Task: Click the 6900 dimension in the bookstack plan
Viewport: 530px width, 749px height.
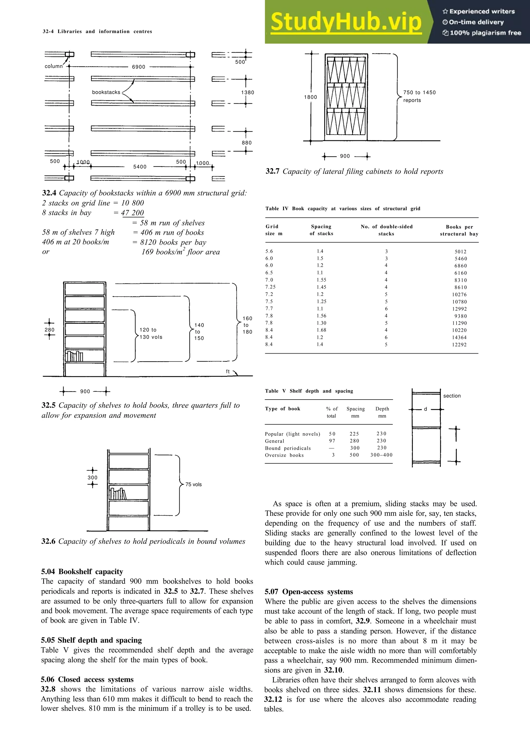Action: (138, 67)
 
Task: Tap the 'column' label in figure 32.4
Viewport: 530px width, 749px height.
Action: (54, 66)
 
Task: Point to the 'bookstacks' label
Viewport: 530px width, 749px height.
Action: (106, 92)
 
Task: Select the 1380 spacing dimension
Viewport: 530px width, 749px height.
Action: (247, 92)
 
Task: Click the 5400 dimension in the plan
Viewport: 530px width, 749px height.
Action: (140, 167)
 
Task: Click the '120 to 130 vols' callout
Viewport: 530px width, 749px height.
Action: (151, 333)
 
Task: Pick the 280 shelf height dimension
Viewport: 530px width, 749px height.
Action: (50, 330)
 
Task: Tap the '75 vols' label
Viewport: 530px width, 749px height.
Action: (193, 484)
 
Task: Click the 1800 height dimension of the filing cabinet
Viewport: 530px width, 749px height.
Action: (310, 97)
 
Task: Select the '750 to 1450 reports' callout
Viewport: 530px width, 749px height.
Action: (419, 96)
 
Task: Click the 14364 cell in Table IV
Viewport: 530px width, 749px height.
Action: (459, 338)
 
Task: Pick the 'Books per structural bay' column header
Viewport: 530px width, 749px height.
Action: (459, 230)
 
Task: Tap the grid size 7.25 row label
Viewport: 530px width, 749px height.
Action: (270, 287)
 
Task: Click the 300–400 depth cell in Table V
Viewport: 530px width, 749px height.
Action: (381, 455)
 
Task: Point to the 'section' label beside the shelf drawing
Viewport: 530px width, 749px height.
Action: (452, 396)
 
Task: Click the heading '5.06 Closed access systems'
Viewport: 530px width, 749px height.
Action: (87, 679)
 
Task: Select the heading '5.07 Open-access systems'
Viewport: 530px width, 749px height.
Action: (308, 592)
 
